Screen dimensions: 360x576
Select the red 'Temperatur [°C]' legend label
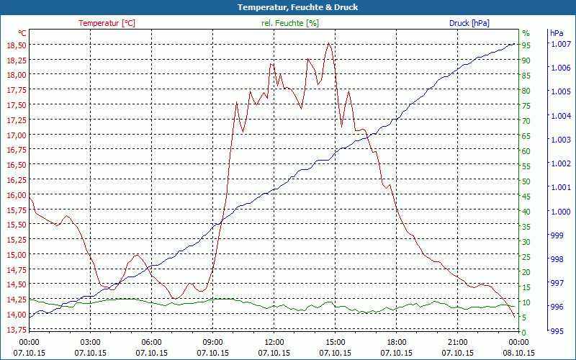click(107, 23)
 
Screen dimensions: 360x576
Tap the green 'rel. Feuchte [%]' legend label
click(290, 23)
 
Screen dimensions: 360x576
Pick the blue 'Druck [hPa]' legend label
click(469, 23)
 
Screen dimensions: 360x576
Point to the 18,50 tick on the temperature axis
click(16, 45)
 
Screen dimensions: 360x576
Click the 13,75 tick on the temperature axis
click(16, 330)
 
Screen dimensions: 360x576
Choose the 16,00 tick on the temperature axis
click(16, 194)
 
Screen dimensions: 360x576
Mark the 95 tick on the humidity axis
click(526, 45)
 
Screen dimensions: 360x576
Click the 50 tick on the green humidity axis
click(526, 181)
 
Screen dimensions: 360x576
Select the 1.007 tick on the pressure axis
click(561, 45)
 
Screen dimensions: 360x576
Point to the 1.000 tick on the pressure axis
click(561, 211)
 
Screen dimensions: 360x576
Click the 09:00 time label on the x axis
click(212, 342)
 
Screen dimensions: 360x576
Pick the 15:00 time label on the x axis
click(336, 342)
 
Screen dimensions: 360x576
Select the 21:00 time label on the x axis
click(458, 342)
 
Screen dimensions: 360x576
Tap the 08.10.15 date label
click(519, 353)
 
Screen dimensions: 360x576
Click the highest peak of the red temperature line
click(329, 43)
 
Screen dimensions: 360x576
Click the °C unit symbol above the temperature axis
click(22, 33)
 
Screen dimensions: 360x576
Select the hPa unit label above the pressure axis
click(557, 33)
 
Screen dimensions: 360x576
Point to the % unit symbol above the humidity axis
click(526, 33)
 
